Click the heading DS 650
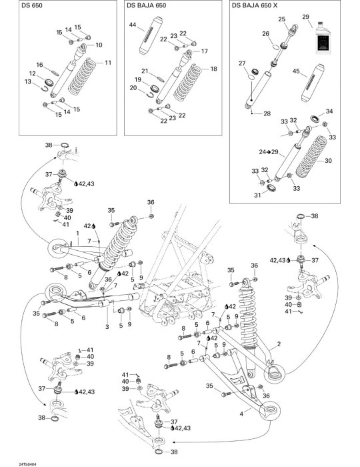[x=32, y=5]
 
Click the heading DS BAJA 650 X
[x=255, y=5]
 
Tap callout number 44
[x=133, y=25]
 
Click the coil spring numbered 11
[x=83, y=77]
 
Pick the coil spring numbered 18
[x=188, y=83]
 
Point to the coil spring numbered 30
[x=311, y=157]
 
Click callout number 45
[x=296, y=71]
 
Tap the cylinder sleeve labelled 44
[x=151, y=35]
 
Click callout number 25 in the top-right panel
[x=282, y=19]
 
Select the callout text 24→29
[x=269, y=152]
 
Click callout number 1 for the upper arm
[x=77, y=233]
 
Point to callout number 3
[x=107, y=327]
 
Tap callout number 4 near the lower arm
[x=241, y=414]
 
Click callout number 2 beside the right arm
[x=279, y=344]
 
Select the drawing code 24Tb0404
[x=28, y=464]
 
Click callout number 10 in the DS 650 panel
[x=99, y=45]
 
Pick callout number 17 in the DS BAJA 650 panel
[x=205, y=51]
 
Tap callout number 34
[x=329, y=111]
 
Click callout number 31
[x=257, y=195]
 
